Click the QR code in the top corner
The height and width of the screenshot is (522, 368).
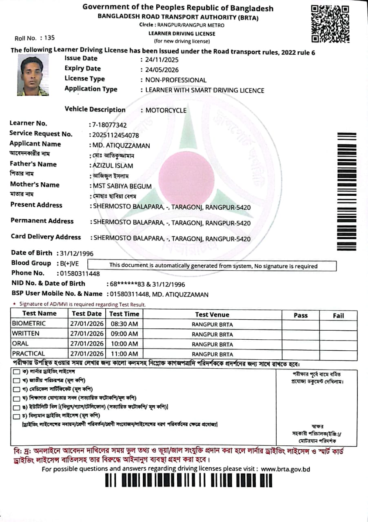tap(330, 24)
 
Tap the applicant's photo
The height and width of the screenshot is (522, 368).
tap(33, 76)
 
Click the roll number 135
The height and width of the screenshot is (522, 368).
tap(49, 38)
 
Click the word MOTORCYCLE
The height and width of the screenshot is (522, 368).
tap(166, 111)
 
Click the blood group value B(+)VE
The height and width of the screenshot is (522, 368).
tap(69, 263)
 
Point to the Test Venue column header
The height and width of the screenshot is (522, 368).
tap(212, 314)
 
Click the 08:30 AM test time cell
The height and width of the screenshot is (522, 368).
tap(124, 324)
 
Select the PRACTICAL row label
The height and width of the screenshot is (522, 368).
tap(29, 354)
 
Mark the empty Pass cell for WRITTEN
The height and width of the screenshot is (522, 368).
tap(300, 334)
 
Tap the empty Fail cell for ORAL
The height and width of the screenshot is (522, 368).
tap(338, 344)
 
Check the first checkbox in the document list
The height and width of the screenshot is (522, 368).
tap(16, 372)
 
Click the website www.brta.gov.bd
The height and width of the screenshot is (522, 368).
tap(286, 469)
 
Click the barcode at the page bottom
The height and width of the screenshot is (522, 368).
tap(188, 480)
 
